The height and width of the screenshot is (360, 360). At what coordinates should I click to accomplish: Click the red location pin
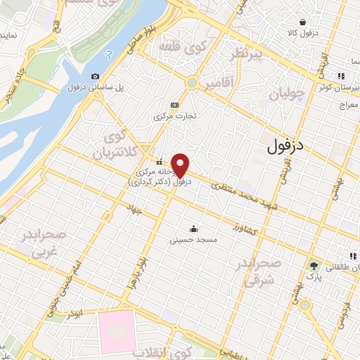click(181, 166)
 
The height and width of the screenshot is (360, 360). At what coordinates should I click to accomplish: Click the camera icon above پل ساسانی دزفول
click(95, 76)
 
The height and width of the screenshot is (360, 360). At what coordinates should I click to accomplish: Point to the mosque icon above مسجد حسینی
click(193, 229)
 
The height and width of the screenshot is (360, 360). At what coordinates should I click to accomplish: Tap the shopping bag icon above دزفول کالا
click(302, 22)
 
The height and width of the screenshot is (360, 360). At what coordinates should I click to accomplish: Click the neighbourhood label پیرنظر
click(247, 54)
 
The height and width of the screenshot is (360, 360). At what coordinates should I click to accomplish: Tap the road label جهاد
click(134, 208)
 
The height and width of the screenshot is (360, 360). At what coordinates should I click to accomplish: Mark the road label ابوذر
click(72, 310)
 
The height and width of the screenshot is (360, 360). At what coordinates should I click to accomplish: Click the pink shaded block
click(116, 331)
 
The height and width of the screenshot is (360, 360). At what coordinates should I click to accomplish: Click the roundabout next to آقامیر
click(191, 83)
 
